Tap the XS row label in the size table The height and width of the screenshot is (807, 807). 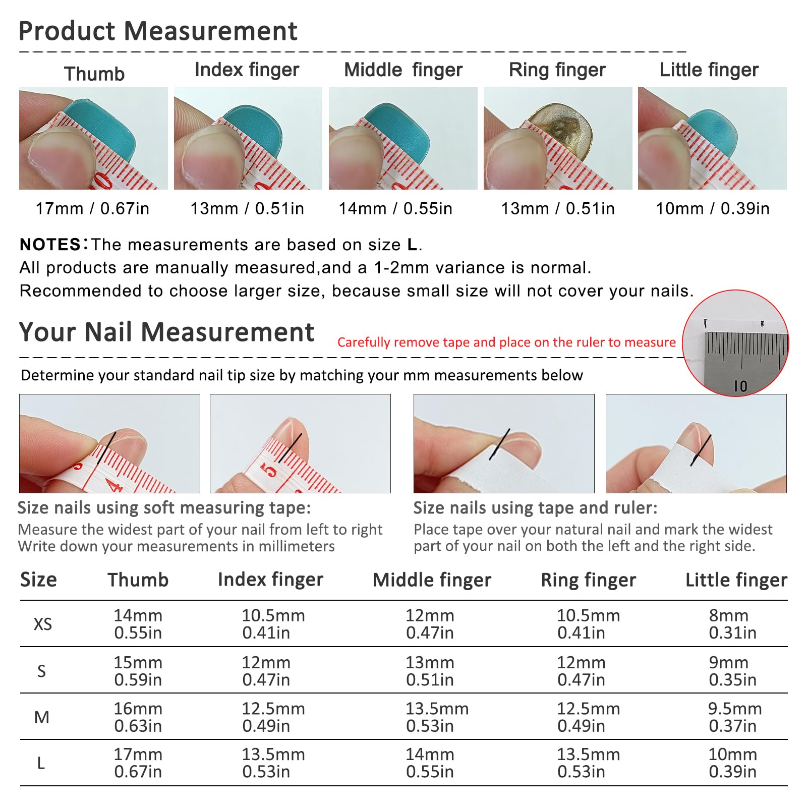coord(43,624)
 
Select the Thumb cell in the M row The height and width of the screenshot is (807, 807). coord(138,717)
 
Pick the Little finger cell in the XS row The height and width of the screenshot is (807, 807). coord(732,624)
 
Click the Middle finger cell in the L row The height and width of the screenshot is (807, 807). coord(430,763)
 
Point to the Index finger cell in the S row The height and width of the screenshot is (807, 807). coord(266,671)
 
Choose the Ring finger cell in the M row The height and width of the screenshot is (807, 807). coord(588,717)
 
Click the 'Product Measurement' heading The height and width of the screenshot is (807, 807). coord(158,31)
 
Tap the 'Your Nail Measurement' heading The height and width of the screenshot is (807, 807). coord(166,332)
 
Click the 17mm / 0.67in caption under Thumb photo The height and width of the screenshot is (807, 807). coord(92,208)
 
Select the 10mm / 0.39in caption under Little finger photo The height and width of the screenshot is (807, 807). coord(713,208)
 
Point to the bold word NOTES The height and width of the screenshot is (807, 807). coord(50,245)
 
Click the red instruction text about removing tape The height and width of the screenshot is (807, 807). coord(506,342)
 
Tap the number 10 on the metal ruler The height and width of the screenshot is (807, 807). coord(740,386)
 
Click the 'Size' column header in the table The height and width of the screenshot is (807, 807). coord(38,580)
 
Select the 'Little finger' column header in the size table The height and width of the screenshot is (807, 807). coord(736,580)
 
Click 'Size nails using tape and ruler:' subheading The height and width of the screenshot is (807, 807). coord(536,508)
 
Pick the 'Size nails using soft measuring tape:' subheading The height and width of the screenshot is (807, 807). coord(164,508)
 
